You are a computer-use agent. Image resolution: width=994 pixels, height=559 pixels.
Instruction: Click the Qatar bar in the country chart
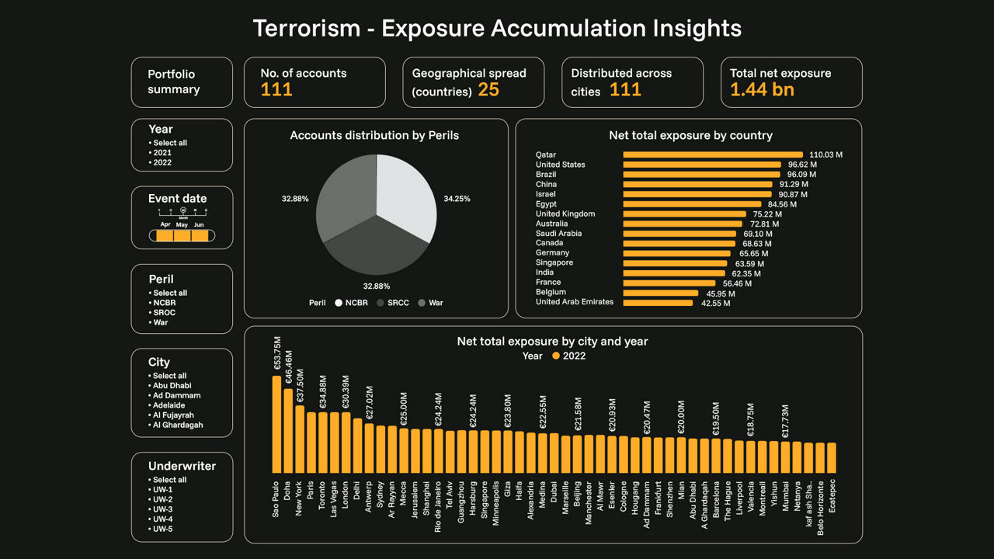[x=712, y=155]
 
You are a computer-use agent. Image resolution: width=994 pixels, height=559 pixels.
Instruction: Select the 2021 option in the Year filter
[x=162, y=153]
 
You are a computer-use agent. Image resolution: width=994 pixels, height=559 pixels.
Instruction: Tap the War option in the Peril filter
[x=160, y=322]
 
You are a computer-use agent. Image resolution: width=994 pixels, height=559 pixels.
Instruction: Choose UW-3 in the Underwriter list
[x=162, y=509]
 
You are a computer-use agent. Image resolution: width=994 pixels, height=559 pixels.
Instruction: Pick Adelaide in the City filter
[x=169, y=405]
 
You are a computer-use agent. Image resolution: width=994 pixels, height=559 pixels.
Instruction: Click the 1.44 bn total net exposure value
[x=762, y=90]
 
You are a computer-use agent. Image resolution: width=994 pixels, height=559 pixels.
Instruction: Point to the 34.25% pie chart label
[x=456, y=199]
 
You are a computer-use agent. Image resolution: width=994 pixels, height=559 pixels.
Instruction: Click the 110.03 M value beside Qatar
[x=825, y=155]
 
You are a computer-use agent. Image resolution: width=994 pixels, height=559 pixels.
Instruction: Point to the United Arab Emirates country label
[x=574, y=302]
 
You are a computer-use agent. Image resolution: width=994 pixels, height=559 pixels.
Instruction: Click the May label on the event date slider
[x=182, y=224]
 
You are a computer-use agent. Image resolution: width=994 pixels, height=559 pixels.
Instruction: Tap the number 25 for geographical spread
[x=488, y=90]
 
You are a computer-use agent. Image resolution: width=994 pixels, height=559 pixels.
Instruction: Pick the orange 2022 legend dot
[x=555, y=356]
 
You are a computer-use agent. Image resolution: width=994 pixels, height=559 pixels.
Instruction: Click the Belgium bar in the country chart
[x=661, y=293]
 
